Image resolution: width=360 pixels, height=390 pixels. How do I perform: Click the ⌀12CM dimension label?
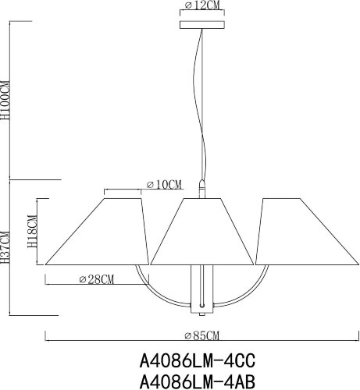[201, 6]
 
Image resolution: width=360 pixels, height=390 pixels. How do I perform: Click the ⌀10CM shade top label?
[164, 185]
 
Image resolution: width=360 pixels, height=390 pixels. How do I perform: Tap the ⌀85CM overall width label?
[202, 335]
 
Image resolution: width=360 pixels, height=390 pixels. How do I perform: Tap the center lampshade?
[202, 230]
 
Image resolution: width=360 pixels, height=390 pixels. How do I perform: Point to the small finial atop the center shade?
[202, 189]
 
